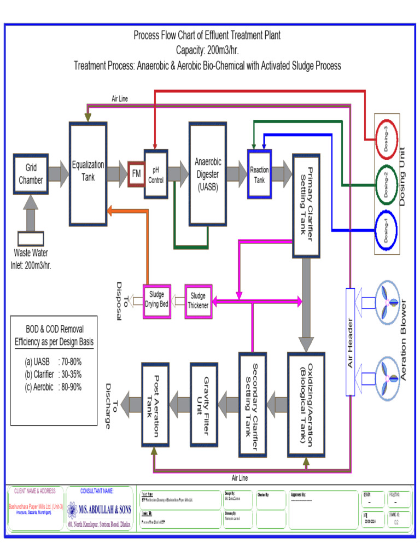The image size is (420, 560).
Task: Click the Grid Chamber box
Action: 31,174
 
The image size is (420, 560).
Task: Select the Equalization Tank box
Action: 88,173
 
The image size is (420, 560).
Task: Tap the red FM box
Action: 136,174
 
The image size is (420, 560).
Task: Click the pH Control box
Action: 156,174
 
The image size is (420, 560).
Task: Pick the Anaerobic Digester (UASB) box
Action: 208,173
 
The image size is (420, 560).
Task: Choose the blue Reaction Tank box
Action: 259,174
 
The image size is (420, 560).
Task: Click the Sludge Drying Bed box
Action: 157,299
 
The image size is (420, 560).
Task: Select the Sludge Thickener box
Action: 198,300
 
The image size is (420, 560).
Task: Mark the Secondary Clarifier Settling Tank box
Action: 252,404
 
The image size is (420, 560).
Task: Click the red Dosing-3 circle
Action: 387,139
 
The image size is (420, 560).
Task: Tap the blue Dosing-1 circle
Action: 387,230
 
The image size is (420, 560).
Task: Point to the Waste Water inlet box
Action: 31,239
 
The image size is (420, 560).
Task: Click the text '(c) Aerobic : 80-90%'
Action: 53,387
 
